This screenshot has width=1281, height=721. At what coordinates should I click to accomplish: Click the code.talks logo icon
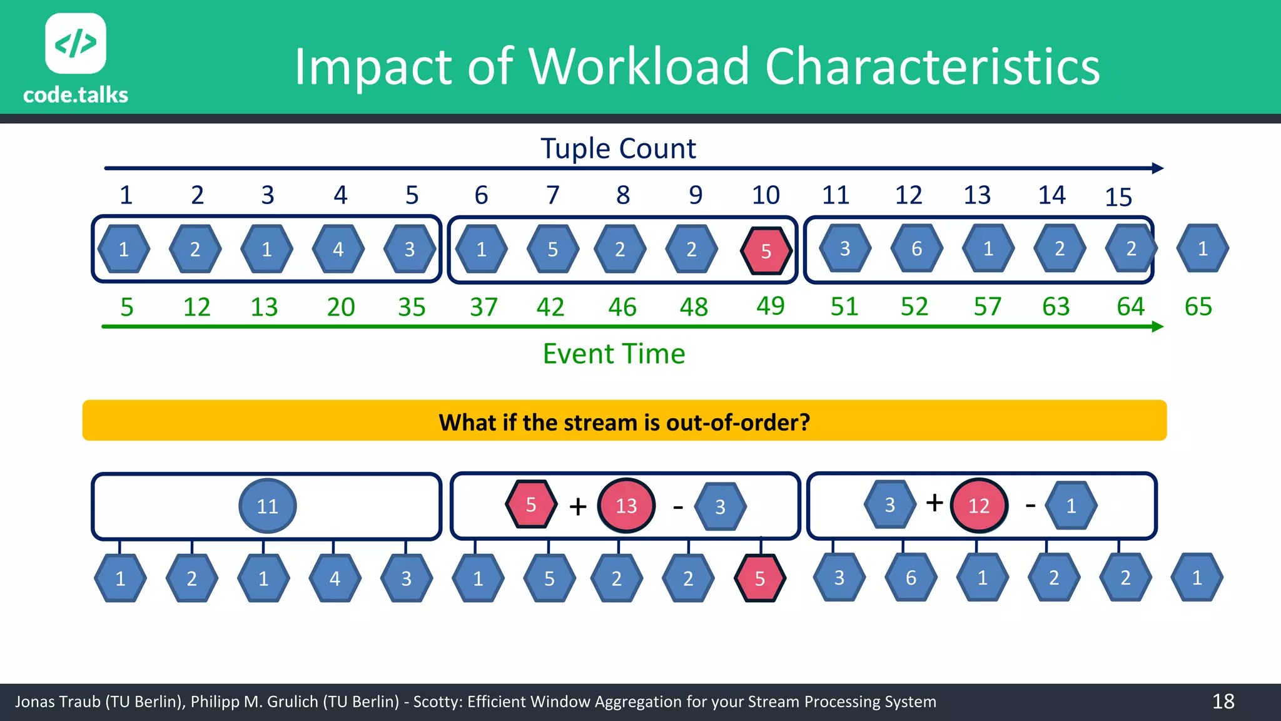tap(76, 43)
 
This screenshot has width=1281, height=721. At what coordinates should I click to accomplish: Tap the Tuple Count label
tap(618, 149)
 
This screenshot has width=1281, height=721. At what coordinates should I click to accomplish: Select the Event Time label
tap(614, 354)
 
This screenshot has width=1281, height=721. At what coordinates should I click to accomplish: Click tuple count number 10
tap(766, 195)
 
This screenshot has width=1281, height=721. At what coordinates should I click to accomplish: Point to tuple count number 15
tap(1118, 198)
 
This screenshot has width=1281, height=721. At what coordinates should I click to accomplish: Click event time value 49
tap(770, 306)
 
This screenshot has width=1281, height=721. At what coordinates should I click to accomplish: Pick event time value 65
tap(1198, 307)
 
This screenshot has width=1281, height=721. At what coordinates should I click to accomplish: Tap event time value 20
tap(341, 307)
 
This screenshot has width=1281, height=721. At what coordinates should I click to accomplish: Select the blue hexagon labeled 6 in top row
tap(916, 249)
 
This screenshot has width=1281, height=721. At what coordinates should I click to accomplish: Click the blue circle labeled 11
tap(268, 506)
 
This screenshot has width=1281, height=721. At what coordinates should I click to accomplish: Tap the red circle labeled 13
tap(626, 506)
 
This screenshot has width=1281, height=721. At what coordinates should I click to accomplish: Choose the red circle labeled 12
tap(979, 506)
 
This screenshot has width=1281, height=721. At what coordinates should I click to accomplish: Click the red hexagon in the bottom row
tap(759, 578)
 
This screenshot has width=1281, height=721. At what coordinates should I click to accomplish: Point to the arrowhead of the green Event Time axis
tap(1157, 327)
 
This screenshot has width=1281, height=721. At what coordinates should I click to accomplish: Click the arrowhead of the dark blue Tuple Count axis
tap(1157, 168)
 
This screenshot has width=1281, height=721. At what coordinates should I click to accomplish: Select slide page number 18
tap(1223, 702)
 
